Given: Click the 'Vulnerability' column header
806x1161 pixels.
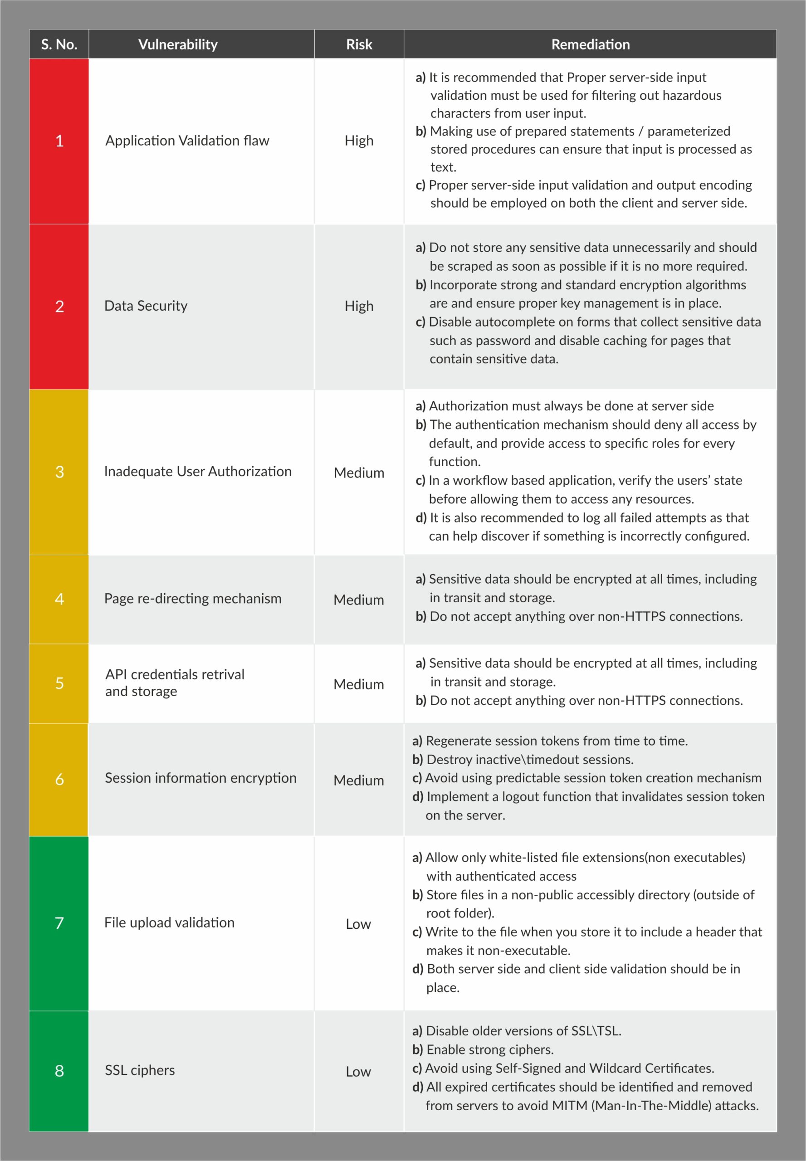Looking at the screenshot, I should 178,44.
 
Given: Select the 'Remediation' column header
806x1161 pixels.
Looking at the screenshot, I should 591,44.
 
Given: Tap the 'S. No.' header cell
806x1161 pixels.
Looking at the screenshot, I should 59,44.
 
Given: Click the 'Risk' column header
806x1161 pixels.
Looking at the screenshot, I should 359,44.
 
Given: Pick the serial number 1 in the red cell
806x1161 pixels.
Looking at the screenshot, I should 59,141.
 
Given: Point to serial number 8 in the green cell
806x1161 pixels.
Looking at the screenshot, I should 59,1071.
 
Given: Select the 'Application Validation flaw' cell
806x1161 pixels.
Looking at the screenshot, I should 187,141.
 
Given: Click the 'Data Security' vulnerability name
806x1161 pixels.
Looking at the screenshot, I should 146,306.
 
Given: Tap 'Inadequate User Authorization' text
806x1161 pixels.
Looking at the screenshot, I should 198,471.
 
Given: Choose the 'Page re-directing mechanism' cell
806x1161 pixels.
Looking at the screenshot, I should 193,599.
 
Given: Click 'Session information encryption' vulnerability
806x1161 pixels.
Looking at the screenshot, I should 200,778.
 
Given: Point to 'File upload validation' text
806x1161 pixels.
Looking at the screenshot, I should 170,922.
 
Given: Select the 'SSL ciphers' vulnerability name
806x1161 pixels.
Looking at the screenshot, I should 140,1070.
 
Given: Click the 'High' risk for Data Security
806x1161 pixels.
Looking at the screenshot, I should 359,306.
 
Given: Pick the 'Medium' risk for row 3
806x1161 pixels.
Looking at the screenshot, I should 359,473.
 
